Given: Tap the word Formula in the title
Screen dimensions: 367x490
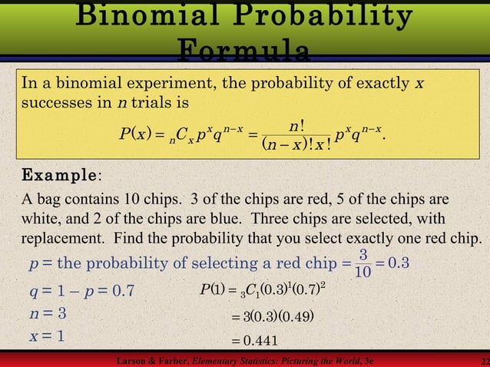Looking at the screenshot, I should pyautogui.click(x=244, y=51).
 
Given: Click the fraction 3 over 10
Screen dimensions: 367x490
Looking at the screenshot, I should pyautogui.click(x=364, y=263).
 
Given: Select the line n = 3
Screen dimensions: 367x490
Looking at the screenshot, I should pyautogui.click(x=47, y=313).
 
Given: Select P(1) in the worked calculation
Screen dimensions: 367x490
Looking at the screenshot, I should pyautogui.click(x=212, y=290).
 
